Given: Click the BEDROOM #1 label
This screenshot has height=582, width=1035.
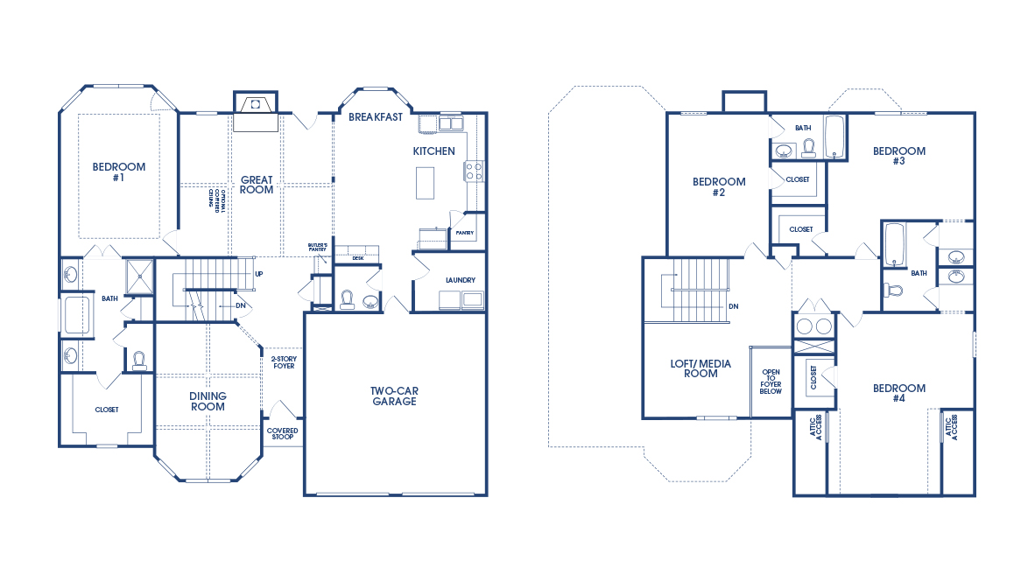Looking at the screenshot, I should pos(119,172).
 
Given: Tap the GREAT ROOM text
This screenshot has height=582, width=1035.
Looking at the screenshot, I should pos(257,185).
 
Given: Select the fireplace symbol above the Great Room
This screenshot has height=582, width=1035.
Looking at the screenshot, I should pos(255,103).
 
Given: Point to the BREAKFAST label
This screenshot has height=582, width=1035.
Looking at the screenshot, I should pos(376,117).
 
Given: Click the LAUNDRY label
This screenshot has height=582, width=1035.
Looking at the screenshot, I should pos(460,280).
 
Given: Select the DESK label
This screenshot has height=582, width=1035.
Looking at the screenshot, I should pos(357,258).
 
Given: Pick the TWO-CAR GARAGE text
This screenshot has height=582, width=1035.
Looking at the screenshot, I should pos(393,396).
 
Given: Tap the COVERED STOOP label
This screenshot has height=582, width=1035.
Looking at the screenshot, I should pos(282,435).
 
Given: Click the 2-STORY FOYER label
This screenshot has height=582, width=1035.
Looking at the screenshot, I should pos(282,361).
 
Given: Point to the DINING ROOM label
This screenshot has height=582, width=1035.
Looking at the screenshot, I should pos(208,401).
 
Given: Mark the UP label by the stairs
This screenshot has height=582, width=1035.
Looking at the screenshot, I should pos(258,274).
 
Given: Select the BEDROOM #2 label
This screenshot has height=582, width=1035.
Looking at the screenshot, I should pos(719,187).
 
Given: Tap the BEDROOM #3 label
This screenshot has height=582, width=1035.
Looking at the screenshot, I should pos(899,156).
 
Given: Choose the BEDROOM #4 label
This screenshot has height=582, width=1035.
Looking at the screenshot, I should pos(899,393).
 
